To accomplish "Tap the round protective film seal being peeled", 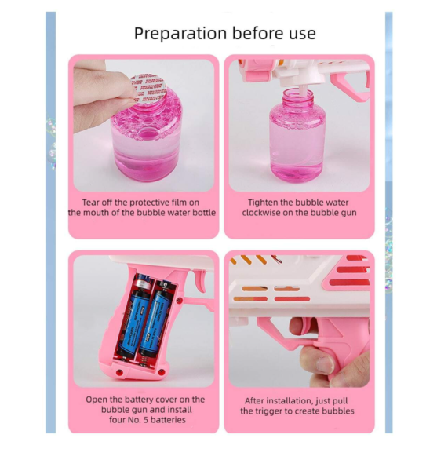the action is click(x=148, y=89).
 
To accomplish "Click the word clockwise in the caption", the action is click(x=261, y=213).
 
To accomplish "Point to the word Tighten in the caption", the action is click(x=262, y=203).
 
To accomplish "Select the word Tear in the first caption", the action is click(x=90, y=203).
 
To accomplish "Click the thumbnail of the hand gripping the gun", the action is click(x=300, y=321).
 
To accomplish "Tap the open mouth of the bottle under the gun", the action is click(x=298, y=91).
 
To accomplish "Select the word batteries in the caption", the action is click(x=169, y=420).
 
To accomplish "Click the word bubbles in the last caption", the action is click(x=338, y=411).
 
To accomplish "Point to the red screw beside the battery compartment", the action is click(x=179, y=300).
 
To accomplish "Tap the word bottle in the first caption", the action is click(x=204, y=213).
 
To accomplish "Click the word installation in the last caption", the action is click(x=290, y=401).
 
